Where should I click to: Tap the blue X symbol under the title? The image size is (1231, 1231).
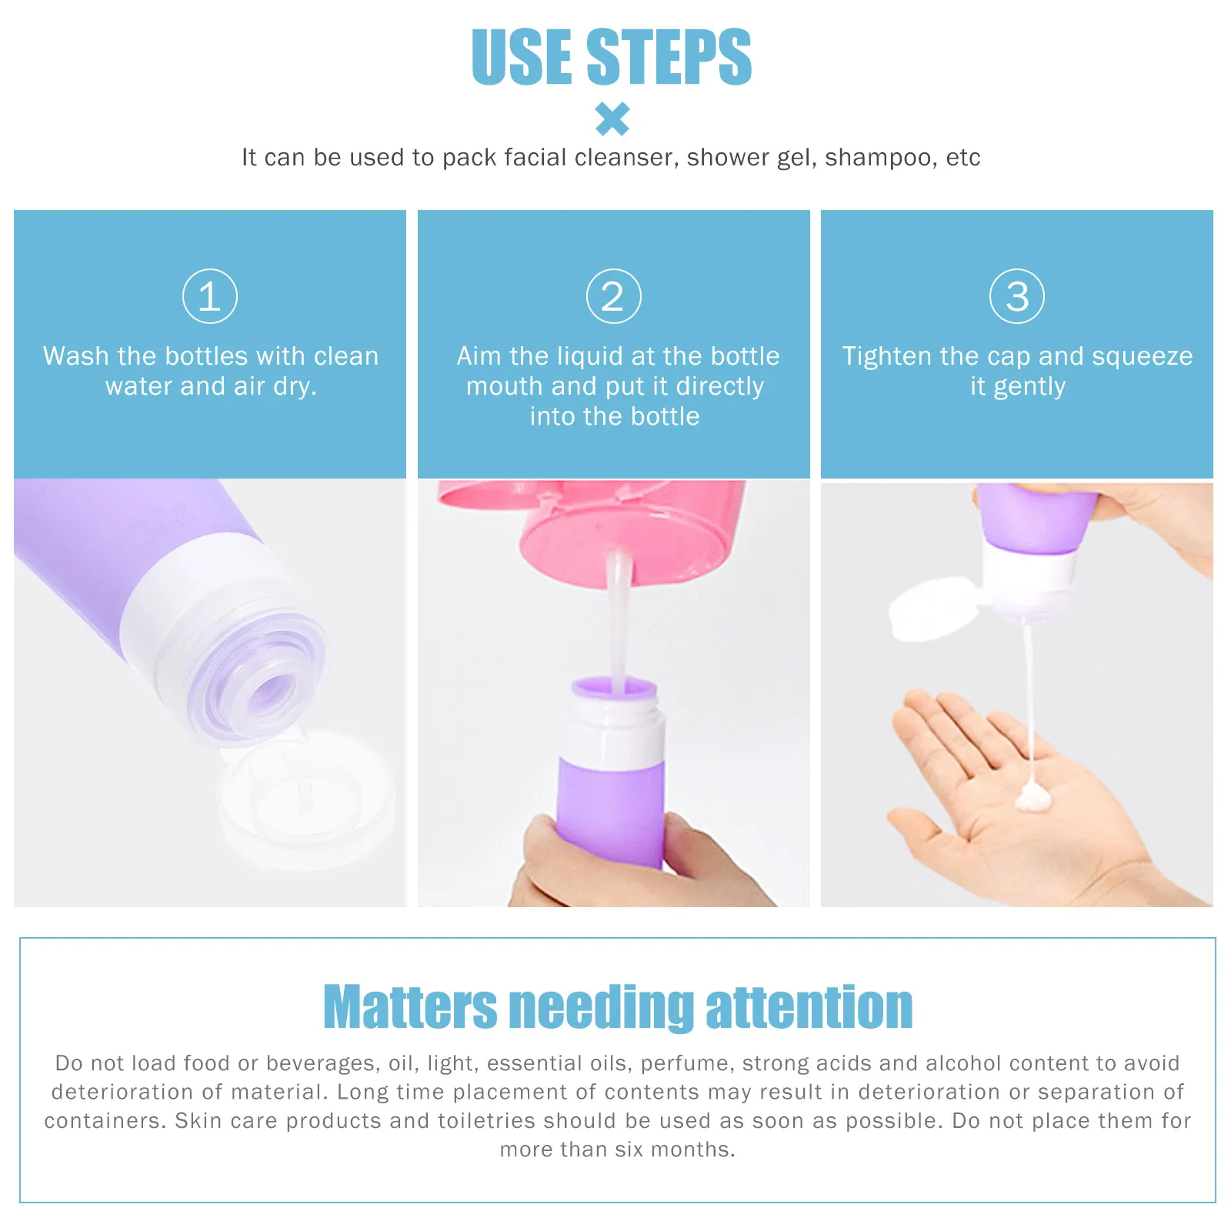(x=612, y=119)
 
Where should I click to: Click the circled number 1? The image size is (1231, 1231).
(x=210, y=296)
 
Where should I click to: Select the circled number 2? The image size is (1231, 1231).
(x=613, y=296)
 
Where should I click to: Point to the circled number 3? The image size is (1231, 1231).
(x=1016, y=296)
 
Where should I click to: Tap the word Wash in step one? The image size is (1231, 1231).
(x=75, y=356)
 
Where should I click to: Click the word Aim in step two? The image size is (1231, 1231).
(x=479, y=356)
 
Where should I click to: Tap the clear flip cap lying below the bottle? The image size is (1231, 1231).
(x=308, y=800)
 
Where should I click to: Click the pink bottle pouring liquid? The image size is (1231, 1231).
(x=615, y=531)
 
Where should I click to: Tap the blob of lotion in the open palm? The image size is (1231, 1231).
(x=1033, y=799)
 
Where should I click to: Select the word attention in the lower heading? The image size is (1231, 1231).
(x=809, y=1007)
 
